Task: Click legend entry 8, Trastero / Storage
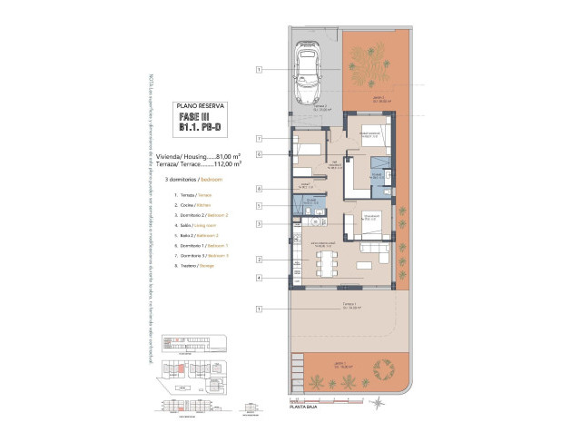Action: pos(190,268)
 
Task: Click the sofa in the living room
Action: pos(372,248)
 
